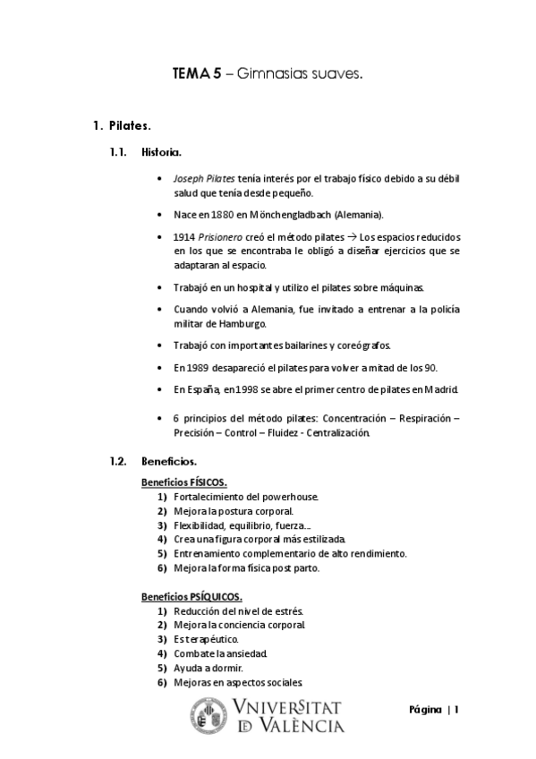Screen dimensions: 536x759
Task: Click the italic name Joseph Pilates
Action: click(x=205, y=178)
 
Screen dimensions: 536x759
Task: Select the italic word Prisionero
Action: click(x=221, y=237)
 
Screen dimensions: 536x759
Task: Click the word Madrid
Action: click(x=439, y=390)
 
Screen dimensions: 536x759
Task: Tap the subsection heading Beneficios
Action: click(x=169, y=462)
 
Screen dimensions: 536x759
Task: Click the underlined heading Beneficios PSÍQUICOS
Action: click(x=191, y=596)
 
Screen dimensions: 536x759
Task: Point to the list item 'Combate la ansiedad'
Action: click(x=220, y=653)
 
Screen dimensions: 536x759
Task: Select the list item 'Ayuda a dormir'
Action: click(x=208, y=668)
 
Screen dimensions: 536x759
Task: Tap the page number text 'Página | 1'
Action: click(x=434, y=710)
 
